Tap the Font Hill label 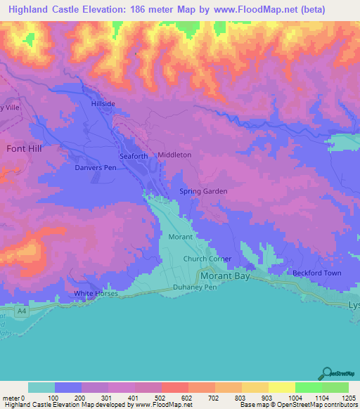[x=25, y=149]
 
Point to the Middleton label [x=174, y=155]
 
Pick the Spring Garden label [x=203, y=191]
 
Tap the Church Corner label [x=207, y=259]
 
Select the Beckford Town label [x=317, y=273]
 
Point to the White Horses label [x=94, y=294]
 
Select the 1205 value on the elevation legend [x=349, y=398]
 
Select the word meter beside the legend [x=11, y=398]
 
